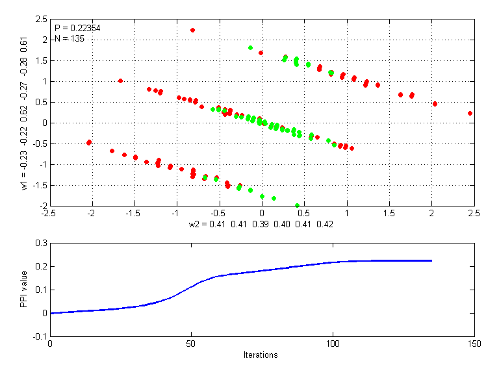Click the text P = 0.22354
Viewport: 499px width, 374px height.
click(x=77, y=28)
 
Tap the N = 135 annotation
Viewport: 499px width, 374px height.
click(x=69, y=38)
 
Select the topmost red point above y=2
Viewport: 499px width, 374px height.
click(x=192, y=30)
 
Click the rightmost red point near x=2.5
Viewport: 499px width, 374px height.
click(x=470, y=113)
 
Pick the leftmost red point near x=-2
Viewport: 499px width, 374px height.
click(x=89, y=142)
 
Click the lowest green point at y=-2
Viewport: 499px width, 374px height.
click(x=297, y=205)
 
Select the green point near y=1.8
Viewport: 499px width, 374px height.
click(x=250, y=47)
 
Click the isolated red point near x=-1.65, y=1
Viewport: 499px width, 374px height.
click(x=120, y=81)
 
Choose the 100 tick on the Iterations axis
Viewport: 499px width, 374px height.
click(x=332, y=343)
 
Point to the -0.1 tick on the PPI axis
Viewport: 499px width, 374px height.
click(x=38, y=336)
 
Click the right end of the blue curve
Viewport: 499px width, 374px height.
click(x=431, y=260)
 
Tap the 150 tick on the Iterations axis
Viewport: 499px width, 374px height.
click(x=474, y=343)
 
